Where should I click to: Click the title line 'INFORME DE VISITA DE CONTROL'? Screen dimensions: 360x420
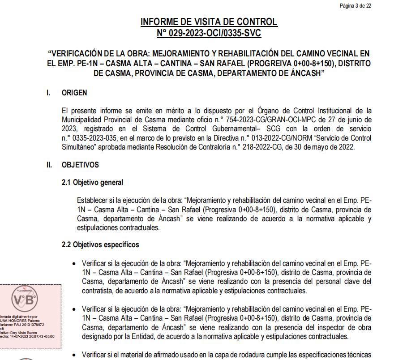[209, 22]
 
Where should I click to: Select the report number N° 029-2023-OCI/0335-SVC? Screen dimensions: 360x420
[209, 33]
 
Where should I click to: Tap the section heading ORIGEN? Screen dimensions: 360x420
[74, 93]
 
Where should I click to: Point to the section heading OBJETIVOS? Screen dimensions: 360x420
[80, 165]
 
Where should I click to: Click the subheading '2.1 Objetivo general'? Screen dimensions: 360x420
[92, 182]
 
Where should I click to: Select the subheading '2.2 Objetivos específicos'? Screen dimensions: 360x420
[100, 245]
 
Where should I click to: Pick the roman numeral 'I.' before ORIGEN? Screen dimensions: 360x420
[48, 93]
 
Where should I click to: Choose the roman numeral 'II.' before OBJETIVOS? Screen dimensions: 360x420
[49, 165]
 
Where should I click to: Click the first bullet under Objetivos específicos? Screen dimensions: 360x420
[74, 264]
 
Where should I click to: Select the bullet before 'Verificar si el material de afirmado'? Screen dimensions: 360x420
[74, 355]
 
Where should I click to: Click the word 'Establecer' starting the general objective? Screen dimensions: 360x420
[92, 200]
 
